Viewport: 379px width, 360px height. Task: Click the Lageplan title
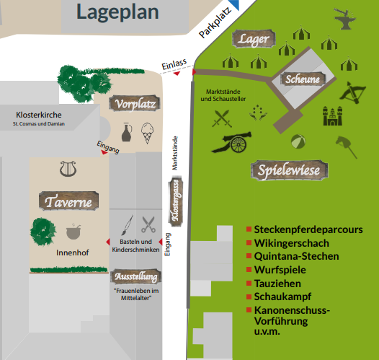[117, 12]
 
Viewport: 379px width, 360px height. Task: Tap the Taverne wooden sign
[69, 201]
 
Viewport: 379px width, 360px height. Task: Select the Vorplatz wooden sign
[135, 104]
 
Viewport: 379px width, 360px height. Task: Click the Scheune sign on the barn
[303, 79]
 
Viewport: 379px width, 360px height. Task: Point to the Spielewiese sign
[290, 170]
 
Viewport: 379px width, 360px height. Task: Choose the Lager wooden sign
[254, 39]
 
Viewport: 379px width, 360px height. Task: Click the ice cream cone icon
[147, 133]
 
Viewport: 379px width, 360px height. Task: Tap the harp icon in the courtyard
[68, 169]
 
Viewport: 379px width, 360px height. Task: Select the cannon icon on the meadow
[232, 142]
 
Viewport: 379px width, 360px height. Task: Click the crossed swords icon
[222, 118]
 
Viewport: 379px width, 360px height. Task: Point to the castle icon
[333, 116]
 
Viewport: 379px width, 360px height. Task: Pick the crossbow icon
[353, 92]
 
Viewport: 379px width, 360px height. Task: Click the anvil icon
[344, 19]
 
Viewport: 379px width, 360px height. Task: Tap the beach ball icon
[298, 141]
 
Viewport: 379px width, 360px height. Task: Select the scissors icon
[148, 224]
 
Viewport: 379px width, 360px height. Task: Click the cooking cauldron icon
[73, 232]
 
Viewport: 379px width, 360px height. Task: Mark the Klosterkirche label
[39, 115]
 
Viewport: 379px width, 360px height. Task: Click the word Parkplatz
[215, 23]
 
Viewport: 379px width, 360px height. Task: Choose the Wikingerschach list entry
[292, 243]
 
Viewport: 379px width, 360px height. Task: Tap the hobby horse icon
[347, 147]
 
